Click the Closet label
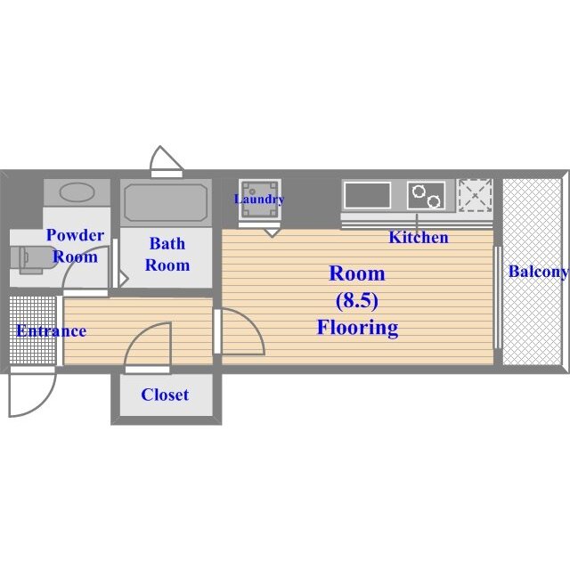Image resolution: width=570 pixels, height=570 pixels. point(165,395)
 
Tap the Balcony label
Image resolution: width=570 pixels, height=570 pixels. point(538,272)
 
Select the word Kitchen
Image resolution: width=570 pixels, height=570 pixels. point(419,238)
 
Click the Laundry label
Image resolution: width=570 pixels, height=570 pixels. point(259,199)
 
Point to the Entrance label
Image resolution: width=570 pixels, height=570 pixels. point(52,330)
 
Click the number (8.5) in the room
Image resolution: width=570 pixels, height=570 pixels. point(356,300)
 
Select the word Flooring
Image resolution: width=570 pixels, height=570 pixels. point(358,328)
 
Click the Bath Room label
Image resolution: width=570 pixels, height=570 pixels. point(167,254)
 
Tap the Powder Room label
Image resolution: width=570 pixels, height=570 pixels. point(75,246)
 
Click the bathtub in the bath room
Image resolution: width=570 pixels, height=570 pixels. point(166,203)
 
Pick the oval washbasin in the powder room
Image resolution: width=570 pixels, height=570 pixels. point(77,192)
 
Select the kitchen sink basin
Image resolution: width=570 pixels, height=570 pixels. point(368,195)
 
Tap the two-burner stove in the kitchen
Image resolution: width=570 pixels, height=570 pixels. point(426,196)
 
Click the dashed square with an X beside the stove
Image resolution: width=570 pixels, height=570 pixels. point(475,195)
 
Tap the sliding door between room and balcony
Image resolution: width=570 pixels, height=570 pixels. point(498,297)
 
